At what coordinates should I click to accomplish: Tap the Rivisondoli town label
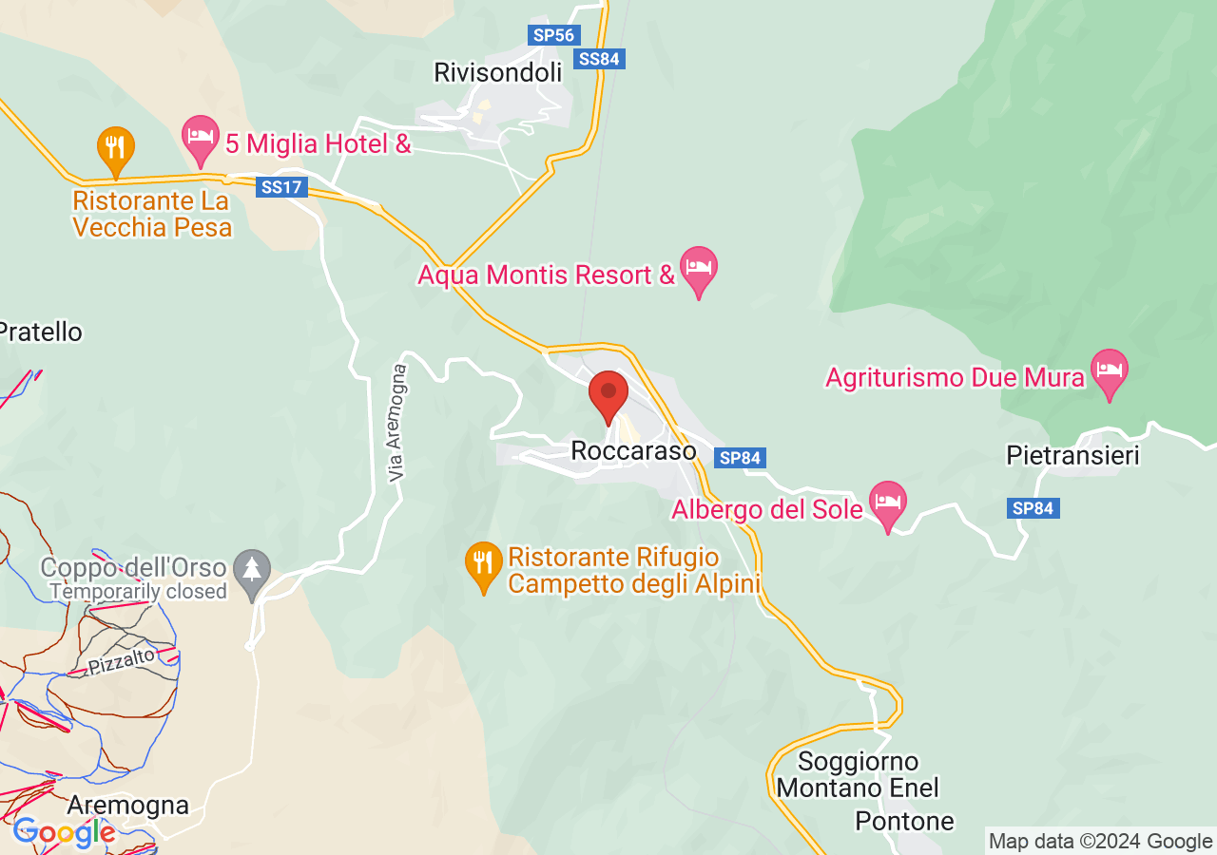[497, 72]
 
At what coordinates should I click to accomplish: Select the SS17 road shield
[282, 187]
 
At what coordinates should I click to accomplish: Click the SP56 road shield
[553, 35]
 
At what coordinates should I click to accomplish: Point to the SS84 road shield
[600, 59]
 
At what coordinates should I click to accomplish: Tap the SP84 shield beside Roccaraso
[740, 458]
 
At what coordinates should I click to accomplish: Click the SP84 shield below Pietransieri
[1033, 508]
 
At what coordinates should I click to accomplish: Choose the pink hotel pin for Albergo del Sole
[888, 503]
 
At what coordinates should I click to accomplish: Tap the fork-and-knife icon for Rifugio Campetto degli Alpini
[484, 564]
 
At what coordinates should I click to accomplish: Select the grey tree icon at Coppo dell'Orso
[252, 572]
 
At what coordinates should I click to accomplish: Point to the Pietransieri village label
[1072, 457]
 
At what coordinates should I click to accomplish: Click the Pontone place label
[904, 821]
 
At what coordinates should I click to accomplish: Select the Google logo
[64, 833]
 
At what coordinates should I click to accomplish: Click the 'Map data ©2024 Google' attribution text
[1100, 841]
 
